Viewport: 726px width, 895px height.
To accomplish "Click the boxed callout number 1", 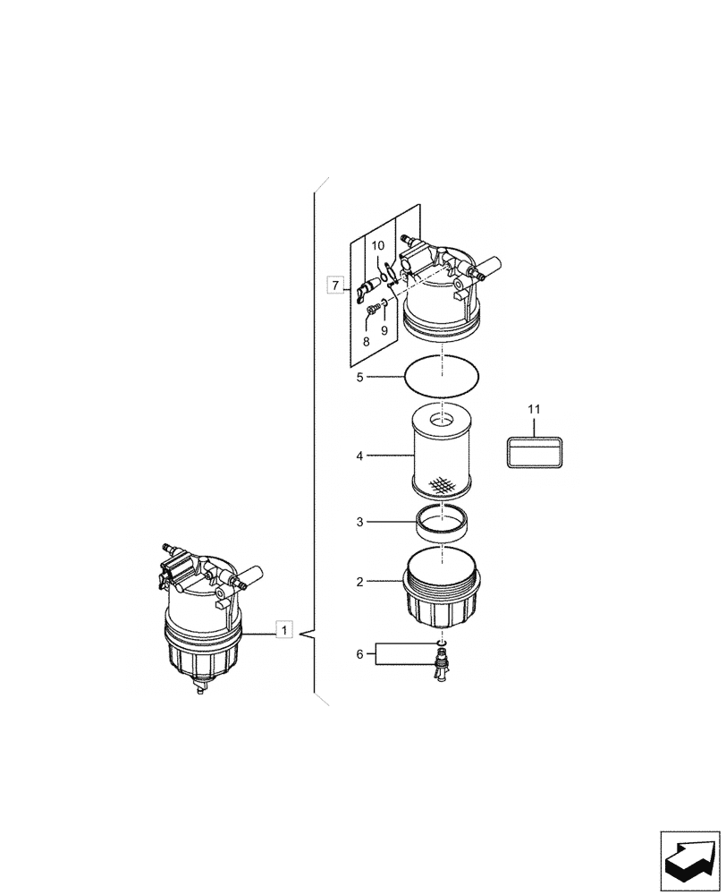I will point(283,630).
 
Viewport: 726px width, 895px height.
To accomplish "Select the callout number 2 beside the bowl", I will point(359,582).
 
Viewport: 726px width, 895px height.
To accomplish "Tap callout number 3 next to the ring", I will point(359,521).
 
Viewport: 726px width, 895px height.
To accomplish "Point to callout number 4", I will point(359,456).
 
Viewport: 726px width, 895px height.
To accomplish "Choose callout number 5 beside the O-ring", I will point(359,378).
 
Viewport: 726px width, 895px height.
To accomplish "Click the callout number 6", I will point(359,654).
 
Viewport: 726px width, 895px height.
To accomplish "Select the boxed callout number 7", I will point(335,286).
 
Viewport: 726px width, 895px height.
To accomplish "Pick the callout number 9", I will point(384,329).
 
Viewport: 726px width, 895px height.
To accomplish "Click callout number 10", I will point(377,245).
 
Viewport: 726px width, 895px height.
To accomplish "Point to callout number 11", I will point(534,409).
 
